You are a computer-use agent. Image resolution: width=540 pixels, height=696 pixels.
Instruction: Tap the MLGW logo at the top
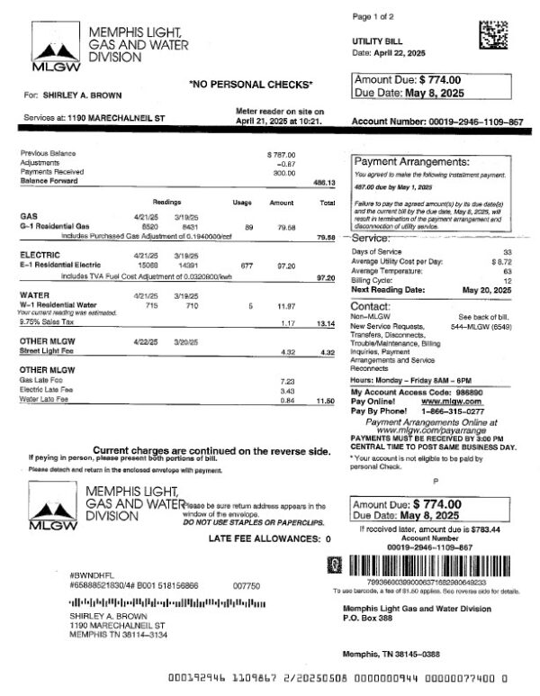tap(54, 53)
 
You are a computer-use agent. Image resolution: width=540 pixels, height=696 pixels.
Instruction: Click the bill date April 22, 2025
tap(397, 53)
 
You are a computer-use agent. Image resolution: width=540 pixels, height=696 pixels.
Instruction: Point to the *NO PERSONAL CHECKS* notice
tap(251, 85)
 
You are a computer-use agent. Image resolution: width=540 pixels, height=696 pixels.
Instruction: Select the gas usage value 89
tap(248, 227)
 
